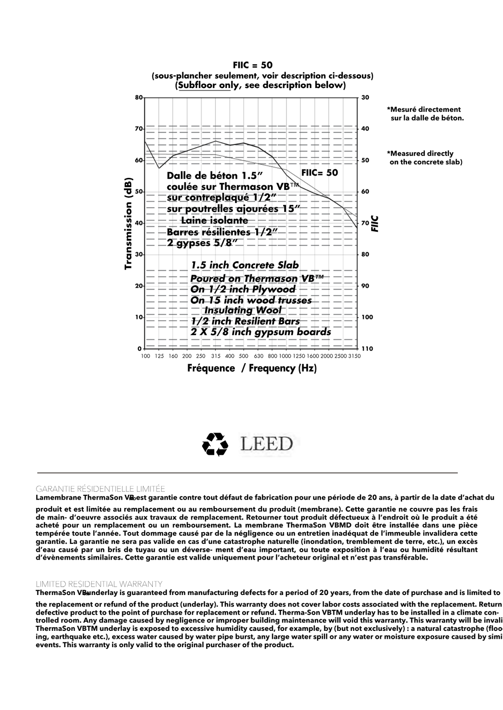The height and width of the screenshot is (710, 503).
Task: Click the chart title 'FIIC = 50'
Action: pos(252,65)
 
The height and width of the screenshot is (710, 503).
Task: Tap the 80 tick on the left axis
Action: pos(138,98)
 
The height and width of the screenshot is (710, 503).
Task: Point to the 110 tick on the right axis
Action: pos(367,349)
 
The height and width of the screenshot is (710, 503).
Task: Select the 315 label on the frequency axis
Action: pos(215,356)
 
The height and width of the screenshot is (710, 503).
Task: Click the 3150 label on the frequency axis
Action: pos(354,356)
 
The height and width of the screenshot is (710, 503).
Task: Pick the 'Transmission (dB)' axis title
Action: pos(129,223)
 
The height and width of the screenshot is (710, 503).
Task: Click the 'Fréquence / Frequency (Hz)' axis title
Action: pos(252,368)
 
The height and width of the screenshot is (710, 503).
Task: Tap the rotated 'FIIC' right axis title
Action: pos(375,224)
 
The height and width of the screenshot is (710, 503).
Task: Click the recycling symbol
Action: pos(215,444)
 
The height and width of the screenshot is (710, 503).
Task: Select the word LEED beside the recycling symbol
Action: pos(267,444)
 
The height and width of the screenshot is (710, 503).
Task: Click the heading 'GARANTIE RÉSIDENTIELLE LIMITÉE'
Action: pos(101,489)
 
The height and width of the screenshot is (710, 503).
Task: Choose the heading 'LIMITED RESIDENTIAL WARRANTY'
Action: pos(99,584)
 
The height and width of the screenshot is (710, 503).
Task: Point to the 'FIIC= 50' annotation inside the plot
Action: pos(319,173)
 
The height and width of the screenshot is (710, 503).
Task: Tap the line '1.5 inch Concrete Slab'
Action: pos(245,265)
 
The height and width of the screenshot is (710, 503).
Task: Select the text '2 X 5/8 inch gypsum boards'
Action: pos(261,332)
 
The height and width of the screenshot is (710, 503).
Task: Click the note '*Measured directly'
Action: pos(420,154)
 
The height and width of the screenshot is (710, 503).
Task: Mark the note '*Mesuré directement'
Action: pos(423,110)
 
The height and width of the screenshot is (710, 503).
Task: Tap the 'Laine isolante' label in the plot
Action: pos(214,220)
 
